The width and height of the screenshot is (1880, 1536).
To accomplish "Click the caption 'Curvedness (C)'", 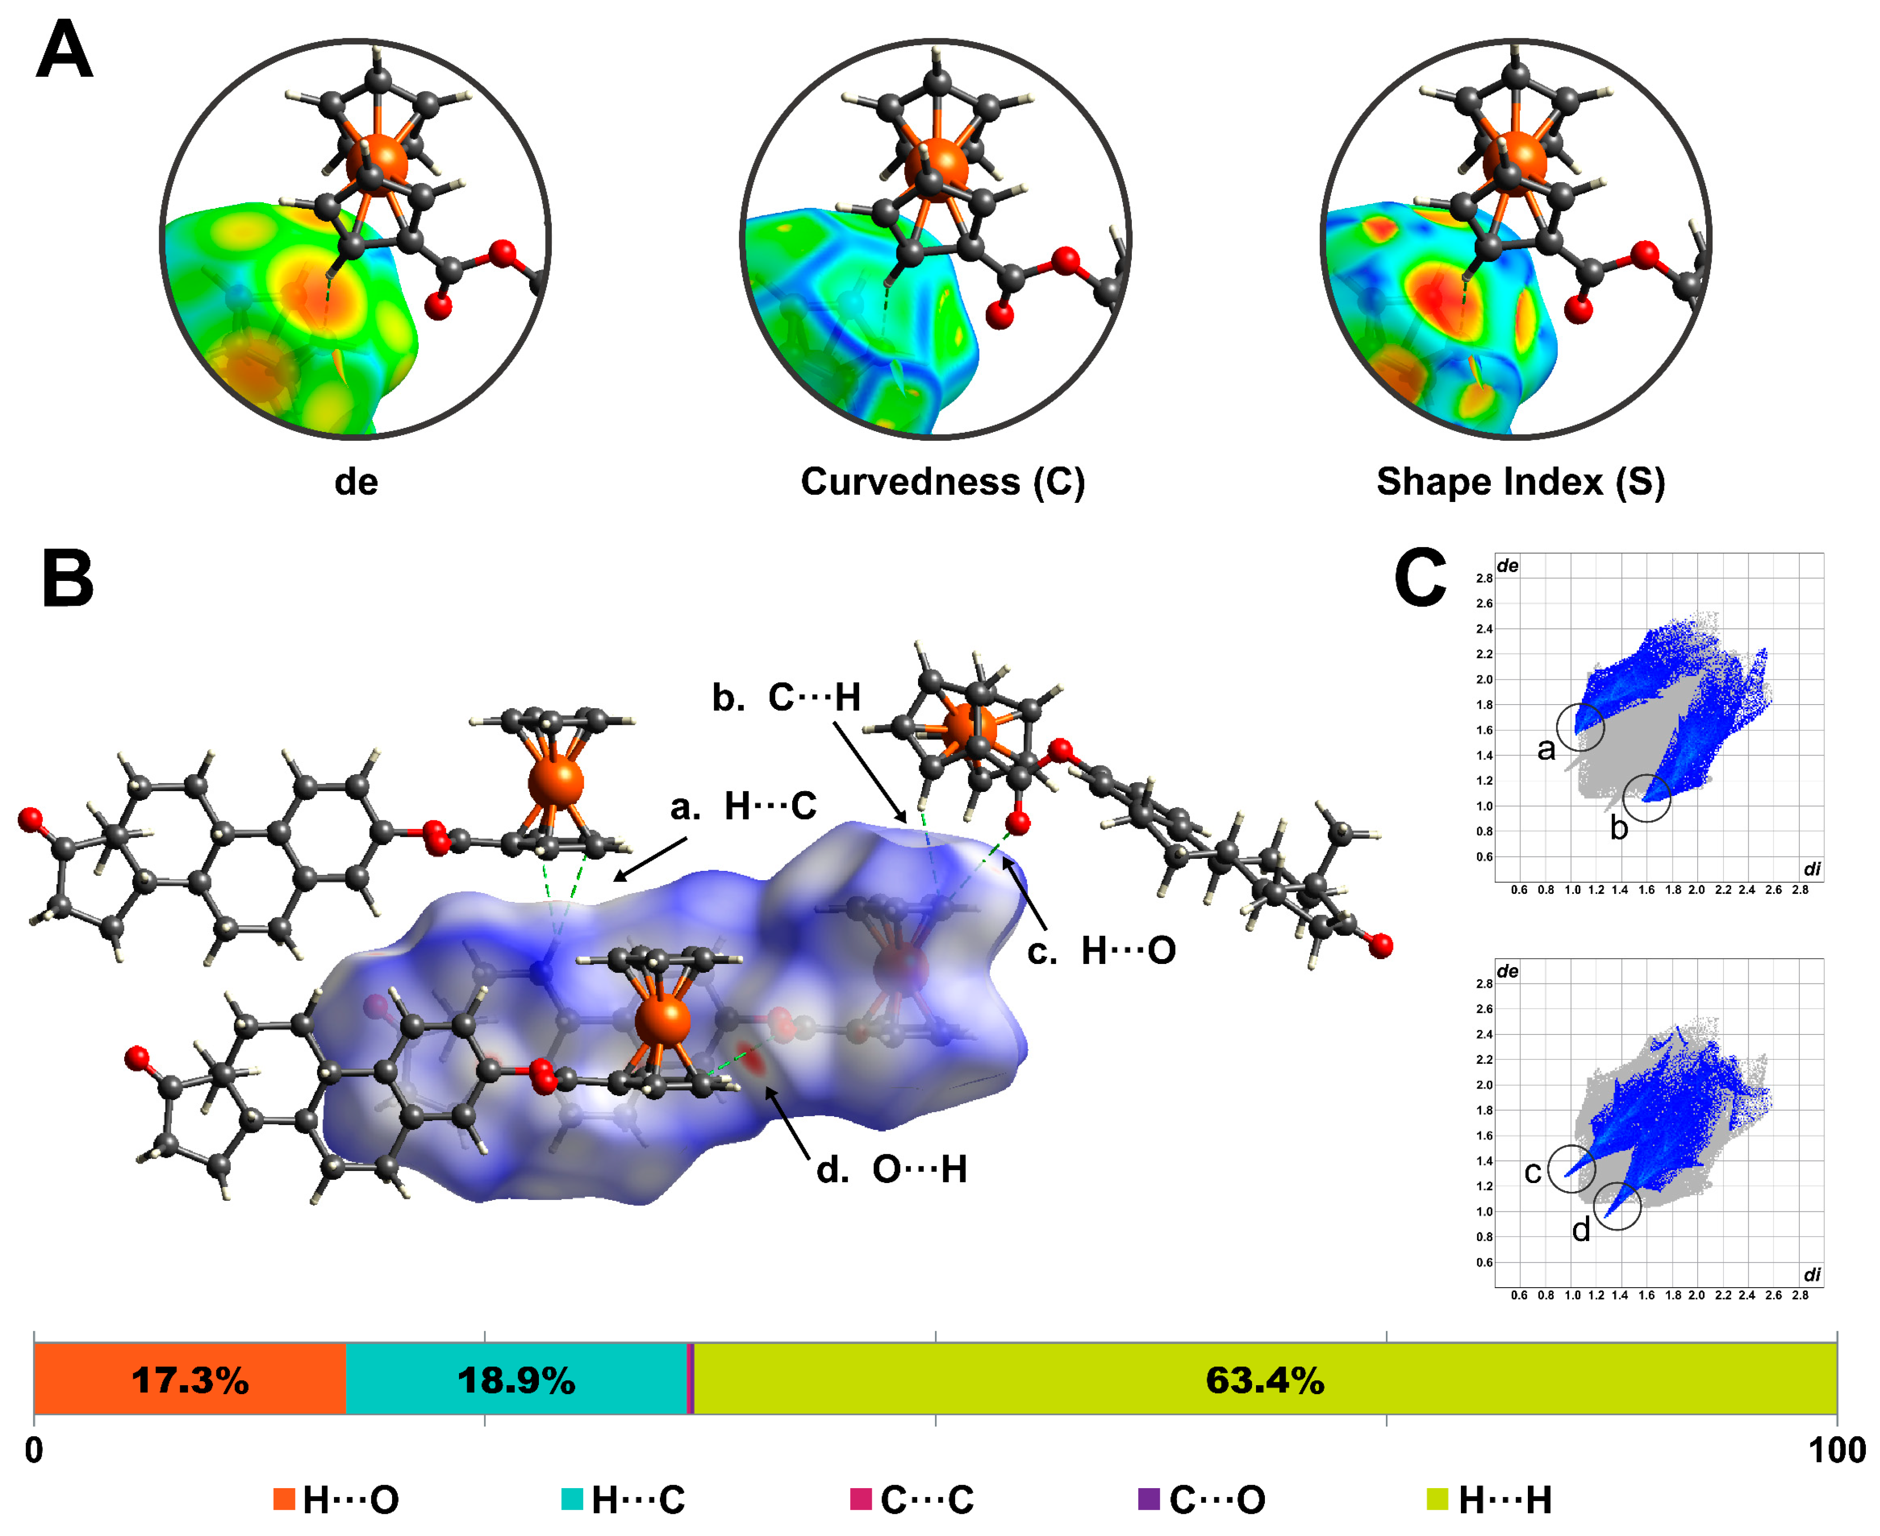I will (x=942, y=482).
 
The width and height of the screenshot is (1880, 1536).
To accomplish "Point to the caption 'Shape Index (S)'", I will (x=1520, y=482).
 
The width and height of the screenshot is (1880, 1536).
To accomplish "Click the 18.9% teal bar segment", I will (x=516, y=1380).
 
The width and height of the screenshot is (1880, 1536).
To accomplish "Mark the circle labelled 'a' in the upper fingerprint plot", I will (x=1580, y=727).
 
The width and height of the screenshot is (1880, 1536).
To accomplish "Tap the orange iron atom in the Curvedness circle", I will (x=936, y=164).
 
